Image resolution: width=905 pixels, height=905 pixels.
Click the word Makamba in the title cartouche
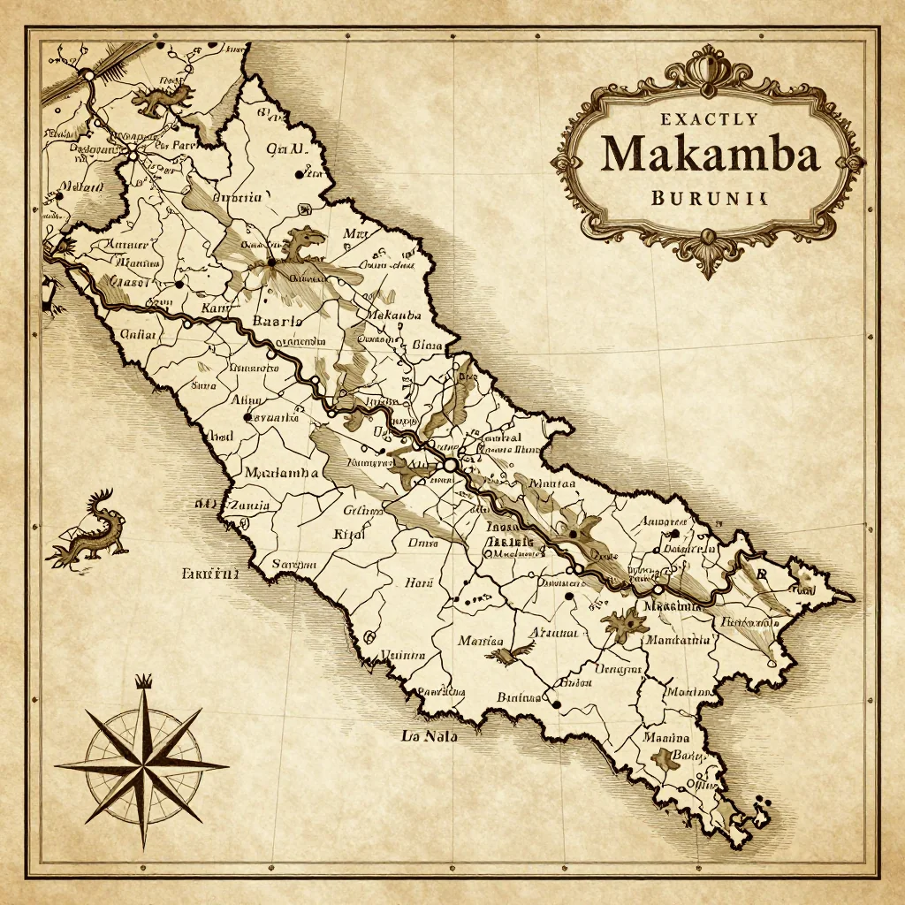(710, 154)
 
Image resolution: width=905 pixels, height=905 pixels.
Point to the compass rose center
(141, 764)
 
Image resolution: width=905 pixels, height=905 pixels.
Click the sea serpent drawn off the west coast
(88, 530)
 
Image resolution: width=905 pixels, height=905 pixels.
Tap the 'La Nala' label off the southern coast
(429, 735)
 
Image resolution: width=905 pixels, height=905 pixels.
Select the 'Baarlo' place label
(278, 322)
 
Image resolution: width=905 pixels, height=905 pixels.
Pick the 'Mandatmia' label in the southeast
(679, 639)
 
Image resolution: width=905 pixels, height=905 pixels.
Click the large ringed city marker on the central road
(450, 463)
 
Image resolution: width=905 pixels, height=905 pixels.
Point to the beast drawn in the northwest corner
(161, 98)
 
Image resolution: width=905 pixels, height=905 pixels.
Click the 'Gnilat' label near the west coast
(138, 335)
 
